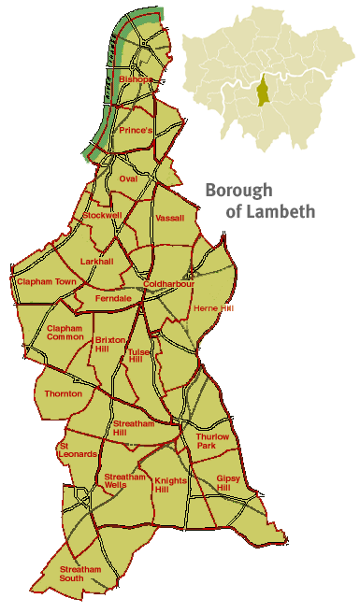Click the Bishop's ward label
pyautogui.click(x=135, y=80)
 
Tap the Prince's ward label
pyautogui.click(x=135, y=131)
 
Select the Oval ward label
pyautogui.click(x=128, y=178)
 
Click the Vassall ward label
pyautogui.click(x=170, y=218)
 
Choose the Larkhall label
pyautogui.click(x=96, y=262)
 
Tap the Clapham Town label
pyautogui.click(x=45, y=281)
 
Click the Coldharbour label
pyautogui.click(x=167, y=283)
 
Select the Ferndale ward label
pyautogui.click(x=113, y=298)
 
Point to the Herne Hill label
pyautogui.click(x=211, y=307)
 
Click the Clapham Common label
pyautogui.click(x=65, y=333)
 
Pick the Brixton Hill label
pyautogui.click(x=109, y=344)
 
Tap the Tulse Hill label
pyautogui.click(x=137, y=355)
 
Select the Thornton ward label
pyautogui.click(x=64, y=394)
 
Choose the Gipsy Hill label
pyautogui.click(x=229, y=482)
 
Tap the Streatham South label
pyautogui.click(x=79, y=574)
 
